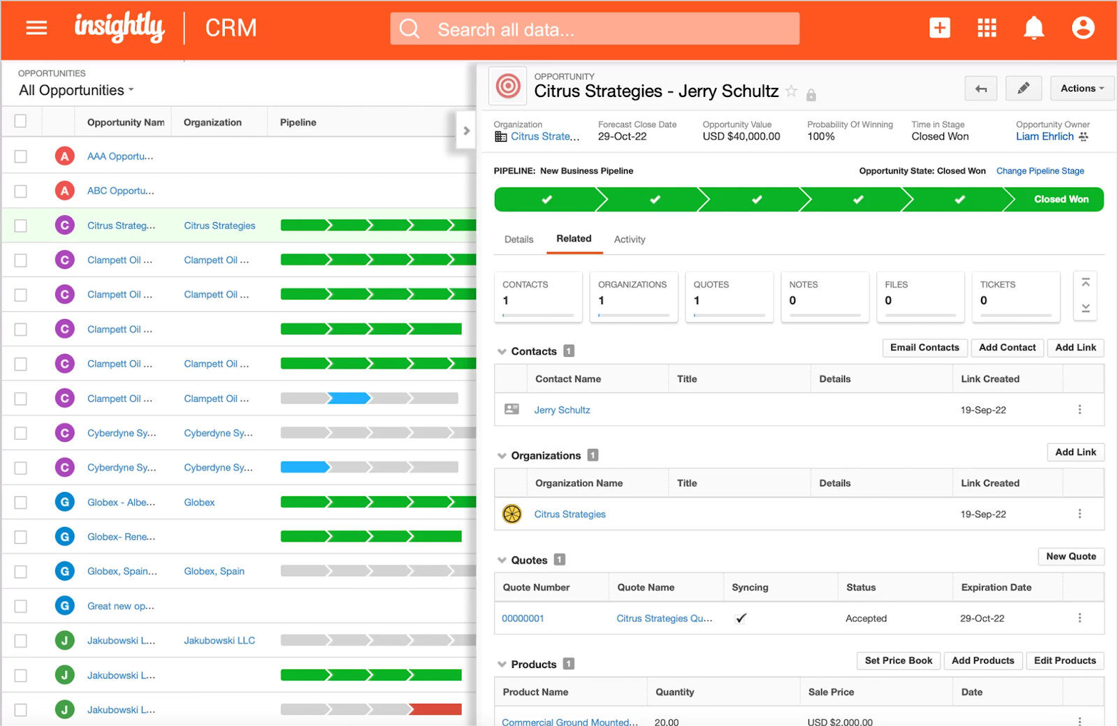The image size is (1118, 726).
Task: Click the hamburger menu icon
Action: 36,28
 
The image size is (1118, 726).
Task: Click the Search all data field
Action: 594,29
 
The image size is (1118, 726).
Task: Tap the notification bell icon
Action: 1033,28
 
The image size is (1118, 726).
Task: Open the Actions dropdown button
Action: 1082,89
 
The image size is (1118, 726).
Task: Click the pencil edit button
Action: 1023,89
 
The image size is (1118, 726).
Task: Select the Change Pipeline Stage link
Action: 1040,171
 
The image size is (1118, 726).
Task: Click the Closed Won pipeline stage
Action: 1060,200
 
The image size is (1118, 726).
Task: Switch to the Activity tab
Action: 629,239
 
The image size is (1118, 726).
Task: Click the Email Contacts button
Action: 924,348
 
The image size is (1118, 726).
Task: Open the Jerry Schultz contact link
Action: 562,410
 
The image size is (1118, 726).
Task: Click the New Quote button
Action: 1070,556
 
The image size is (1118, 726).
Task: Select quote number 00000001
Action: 523,618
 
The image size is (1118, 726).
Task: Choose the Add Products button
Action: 982,661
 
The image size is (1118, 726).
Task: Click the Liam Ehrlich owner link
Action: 1044,137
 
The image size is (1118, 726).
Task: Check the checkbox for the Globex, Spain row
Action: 21,572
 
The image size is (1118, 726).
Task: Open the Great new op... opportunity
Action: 120,606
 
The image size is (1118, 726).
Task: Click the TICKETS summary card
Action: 1015,297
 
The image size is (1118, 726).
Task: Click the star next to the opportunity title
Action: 791,91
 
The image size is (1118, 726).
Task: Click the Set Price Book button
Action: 898,661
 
